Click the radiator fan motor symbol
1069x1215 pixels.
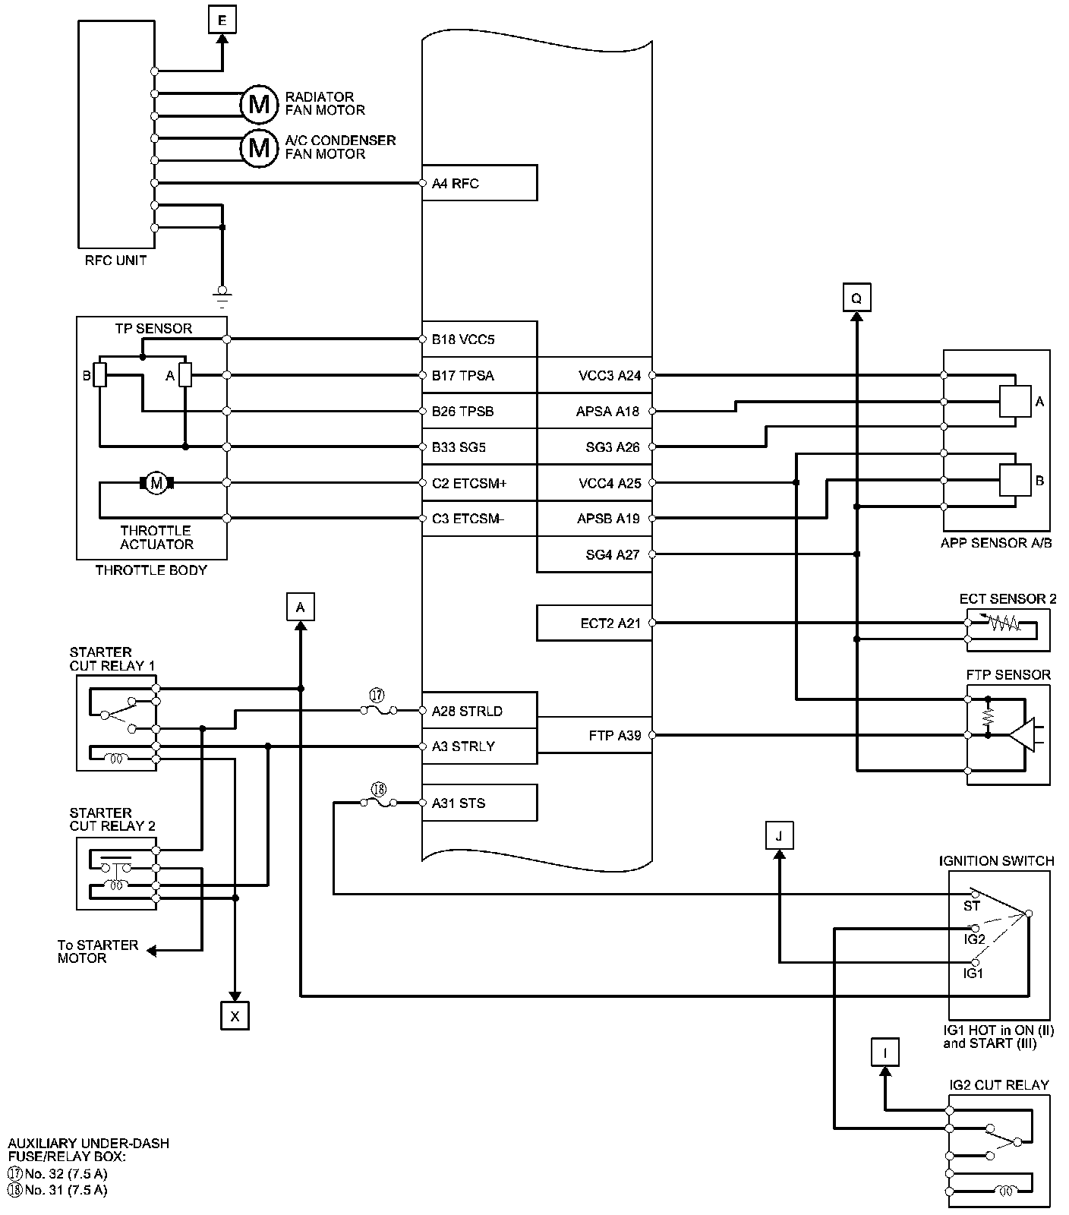(259, 104)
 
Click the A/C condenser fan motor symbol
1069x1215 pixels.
(259, 147)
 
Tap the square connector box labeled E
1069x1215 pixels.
(222, 21)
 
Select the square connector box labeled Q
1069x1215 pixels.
(856, 298)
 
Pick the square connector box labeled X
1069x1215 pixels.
(235, 1015)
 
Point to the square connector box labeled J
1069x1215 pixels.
(779, 835)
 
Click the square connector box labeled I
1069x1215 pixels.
(885, 1052)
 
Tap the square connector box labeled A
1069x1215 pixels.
(301, 607)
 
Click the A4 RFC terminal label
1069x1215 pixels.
(456, 183)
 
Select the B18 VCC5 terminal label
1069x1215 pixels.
(463, 339)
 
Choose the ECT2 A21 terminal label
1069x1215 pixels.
(610, 623)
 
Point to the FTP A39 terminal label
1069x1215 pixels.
(615, 735)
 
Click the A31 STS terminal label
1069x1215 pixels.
(459, 803)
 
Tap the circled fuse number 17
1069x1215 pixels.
(377, 694)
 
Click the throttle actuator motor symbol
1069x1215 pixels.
(157, 483)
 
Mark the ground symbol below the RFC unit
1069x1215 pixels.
(222, 295)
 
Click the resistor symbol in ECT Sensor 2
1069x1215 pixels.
(1004, 623)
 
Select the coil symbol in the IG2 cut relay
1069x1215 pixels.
(1007, 1191)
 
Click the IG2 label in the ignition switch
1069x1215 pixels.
(974, 939)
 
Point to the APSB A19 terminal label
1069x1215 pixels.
(608, 519)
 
